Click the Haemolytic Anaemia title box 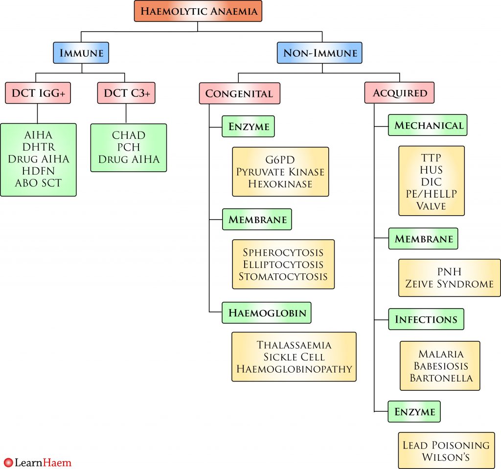pyautogui.click(x=198, y=11)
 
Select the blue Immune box pyautogui.click(x=81, y=53)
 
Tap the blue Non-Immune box pyautogui.click(x=319, y=53)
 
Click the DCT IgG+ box pyautogui.click(x=38, y=93)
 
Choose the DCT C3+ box pyautogui.click(x=126, y=93)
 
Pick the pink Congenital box pyautogui.click(x=239, y=93)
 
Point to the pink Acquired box pyautogui.click(x=400, y=93)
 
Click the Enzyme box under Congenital pyautogui.click(x=248, y=127)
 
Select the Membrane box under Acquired pyautogui.click(x=423, y=239)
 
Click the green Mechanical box pyautogui.click(x=428, y=125)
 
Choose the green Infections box pyautogui.click(x=426, y=319)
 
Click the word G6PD pyautogui.click(x=280, y=160)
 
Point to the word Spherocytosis pyautogui.click(x=283, y=252)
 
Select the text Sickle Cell pyautogui.click(x=294, y=357)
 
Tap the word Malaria pyautogui.click(x=440, y=354)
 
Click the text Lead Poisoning pyautogui.click(x=446, y=445)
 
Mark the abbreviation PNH pyautogui.click(x=449, y=271)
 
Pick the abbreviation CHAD pyautogui.click(x=128, y=135)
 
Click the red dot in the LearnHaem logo pyautogui.click(x=8, y=462)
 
